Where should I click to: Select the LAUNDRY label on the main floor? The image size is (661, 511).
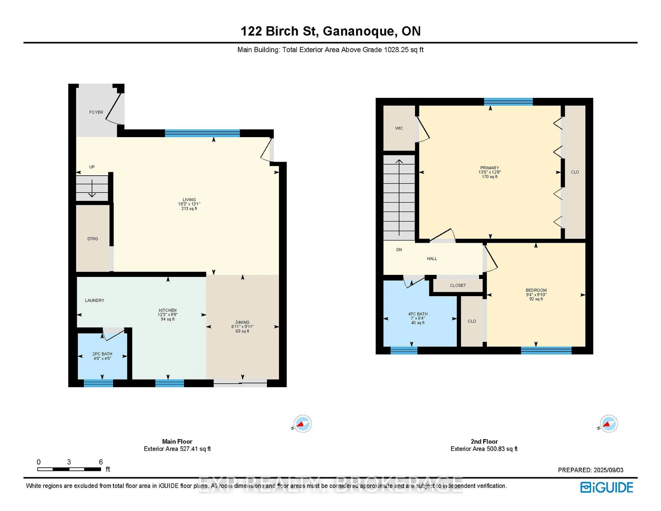click(x=95, y=300)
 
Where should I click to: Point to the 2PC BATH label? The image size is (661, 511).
click(x=102, y=354)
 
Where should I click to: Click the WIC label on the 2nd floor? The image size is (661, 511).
click(x=399, y=128)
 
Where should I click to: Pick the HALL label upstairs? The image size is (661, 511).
click(x=432, y=259)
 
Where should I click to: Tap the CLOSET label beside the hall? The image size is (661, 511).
click(x=458, y=285)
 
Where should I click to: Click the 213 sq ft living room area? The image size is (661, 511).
click(x=189, y=208)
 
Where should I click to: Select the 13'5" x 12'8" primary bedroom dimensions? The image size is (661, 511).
click(x=490, y=172)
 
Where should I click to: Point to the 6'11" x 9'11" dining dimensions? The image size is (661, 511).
click(x=242, y=327)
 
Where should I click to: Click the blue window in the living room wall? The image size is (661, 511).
click(x=202, y=133)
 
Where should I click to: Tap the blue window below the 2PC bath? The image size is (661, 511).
click(x=98, y=383)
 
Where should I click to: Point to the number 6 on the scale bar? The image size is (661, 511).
click(x=101, y=462)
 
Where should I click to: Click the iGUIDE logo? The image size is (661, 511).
click(x=607, y=487)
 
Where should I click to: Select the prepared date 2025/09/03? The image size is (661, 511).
click(x=608, y=470)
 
